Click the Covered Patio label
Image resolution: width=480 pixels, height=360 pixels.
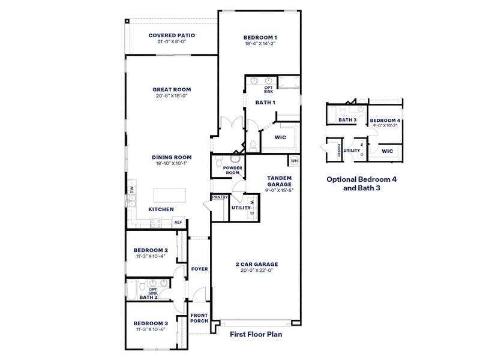pyautogui.click(x=172, y=35)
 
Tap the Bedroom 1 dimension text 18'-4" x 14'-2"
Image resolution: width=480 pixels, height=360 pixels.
pyautogui.click(x=260, y=44)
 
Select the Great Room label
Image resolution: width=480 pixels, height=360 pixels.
pyautogui.click(x=172, y=89)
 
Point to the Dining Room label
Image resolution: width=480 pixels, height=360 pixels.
pyautogui.click(x=172, y=157)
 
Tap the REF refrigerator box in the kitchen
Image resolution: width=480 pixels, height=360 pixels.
pyautogui.click(x=178, y=223)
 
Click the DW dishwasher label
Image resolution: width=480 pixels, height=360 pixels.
pyautogui.click(x=131, y=190)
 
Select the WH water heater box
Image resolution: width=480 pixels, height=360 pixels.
pyautogui.click(x=294, y=161)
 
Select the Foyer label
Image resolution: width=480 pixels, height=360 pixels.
pyautogui.click(x=199, y=269)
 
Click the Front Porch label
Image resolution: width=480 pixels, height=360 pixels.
pyautogui.click(x=199, y=317)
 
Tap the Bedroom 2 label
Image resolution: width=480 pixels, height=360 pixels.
pyautogui.click(x=151, y=250)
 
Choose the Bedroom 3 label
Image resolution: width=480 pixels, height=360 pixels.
pyautogui.click(x=151, y=323)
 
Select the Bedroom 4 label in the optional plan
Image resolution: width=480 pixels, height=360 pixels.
pyautogui.click(x=385, y=121)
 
